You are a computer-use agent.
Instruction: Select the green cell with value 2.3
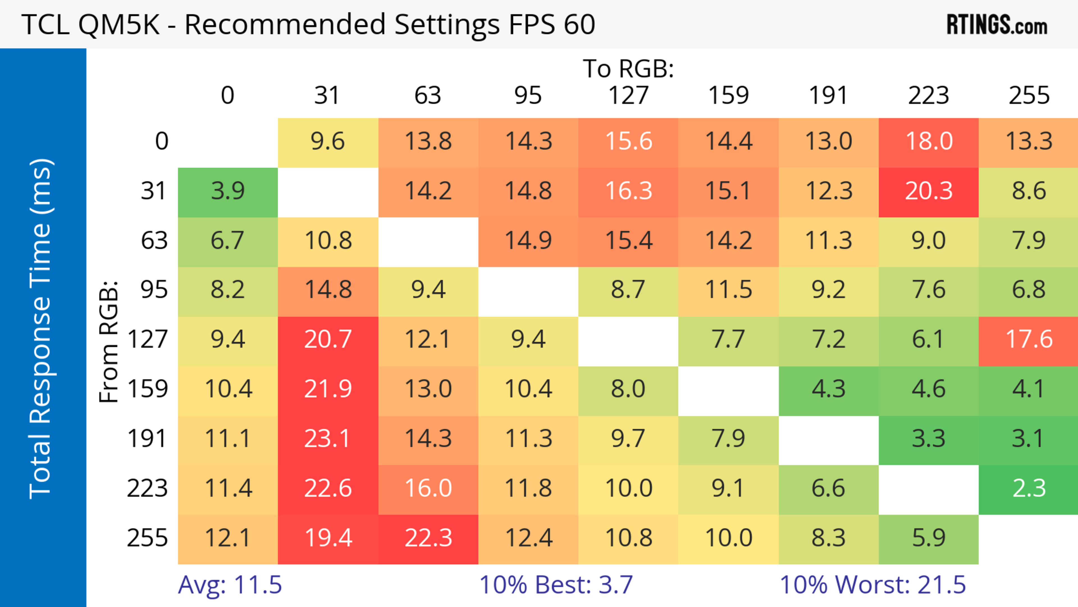1029,488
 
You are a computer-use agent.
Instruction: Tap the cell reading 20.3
929,191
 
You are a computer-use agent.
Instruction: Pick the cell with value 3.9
228,191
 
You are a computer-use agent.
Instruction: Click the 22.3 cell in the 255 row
428,538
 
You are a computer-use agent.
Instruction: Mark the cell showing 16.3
628,191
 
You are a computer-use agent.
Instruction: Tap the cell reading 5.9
929,538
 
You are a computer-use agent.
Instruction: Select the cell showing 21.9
328,389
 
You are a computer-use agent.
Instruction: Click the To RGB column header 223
929,96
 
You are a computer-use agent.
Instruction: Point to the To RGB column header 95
528,96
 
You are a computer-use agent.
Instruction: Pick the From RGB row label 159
148,389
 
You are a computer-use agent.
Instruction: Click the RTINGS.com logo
997,25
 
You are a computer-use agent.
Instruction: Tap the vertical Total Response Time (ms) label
41,329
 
